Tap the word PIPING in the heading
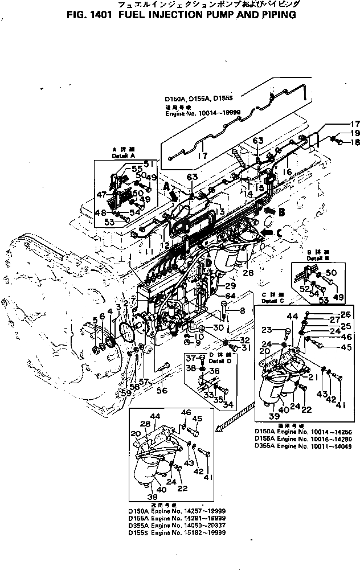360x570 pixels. (x=276, y=15)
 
